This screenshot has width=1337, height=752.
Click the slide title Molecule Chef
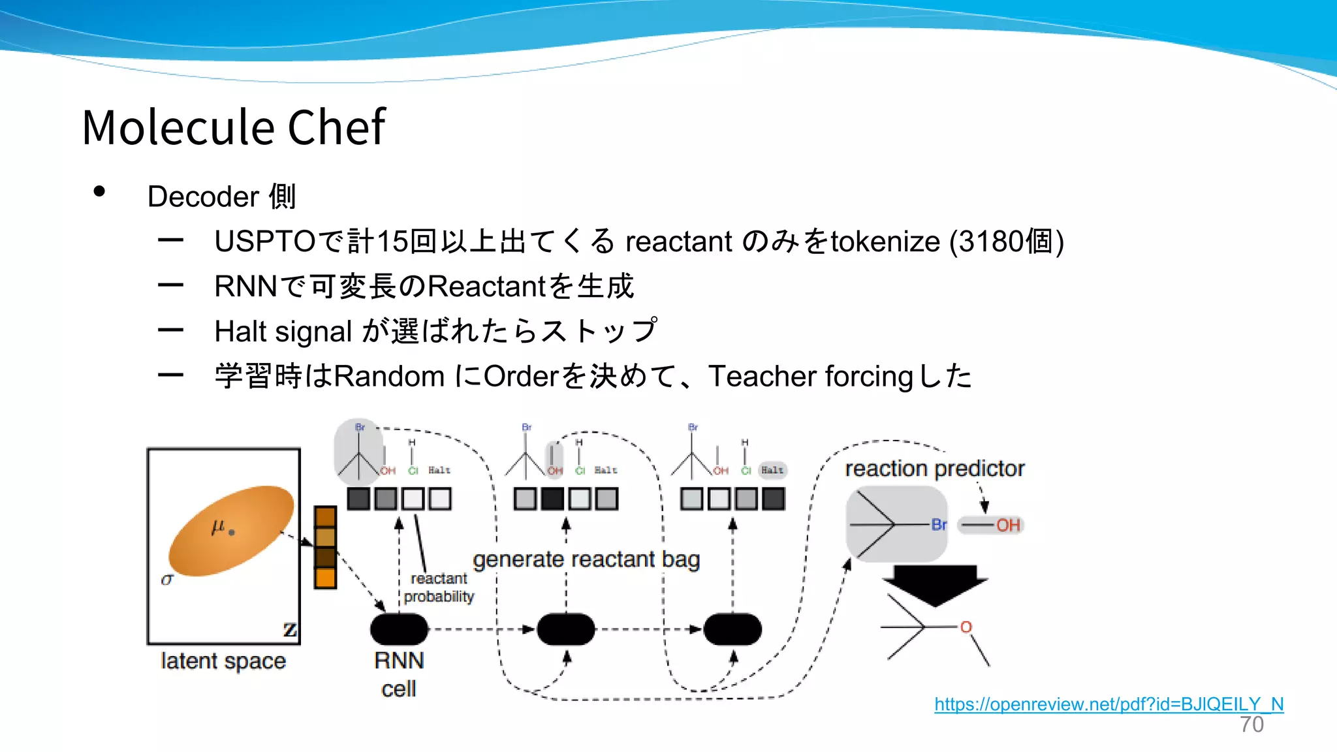point(234,127)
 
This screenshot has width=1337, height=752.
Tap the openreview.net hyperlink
point(1109,704)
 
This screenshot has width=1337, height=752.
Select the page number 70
point(1251,725)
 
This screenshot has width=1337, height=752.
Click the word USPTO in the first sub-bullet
point(265,242)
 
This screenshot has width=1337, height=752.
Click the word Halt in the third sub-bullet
point(241,332)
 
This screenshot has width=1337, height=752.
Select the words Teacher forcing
point(810,377)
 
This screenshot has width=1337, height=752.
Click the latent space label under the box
point(223,661)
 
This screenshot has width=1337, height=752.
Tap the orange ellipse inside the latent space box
point(231,530)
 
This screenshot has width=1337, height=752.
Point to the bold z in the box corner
point(289,630)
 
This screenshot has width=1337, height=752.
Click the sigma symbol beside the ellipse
point(167,579)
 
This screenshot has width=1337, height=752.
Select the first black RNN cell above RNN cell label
point(399,629)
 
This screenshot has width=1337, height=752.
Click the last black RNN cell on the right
point(732,629)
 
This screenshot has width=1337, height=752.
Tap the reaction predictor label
point(934,468)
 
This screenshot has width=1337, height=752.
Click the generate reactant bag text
point(586,559)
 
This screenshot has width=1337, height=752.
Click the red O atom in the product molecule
point(966,627)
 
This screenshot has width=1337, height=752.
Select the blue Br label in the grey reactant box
point(939,524)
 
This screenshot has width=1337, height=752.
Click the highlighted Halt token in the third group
point(772,470)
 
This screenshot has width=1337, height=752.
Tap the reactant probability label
point(439,587)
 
